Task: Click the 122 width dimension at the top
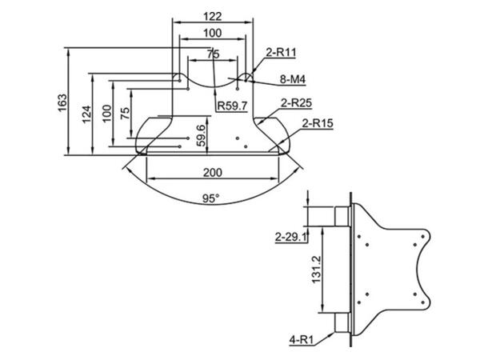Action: click(213, 16)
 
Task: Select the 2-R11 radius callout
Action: click(281, 52)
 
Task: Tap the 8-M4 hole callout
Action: click(293, 79)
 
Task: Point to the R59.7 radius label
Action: click(233, 106)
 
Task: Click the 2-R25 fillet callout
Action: click(296, 103)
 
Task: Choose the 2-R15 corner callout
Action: click(318, 123)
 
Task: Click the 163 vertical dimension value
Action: click(62, 102)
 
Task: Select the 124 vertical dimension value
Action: click(87, 114)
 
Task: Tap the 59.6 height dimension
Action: click(202, 135)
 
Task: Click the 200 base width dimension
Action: click(213, 172)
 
